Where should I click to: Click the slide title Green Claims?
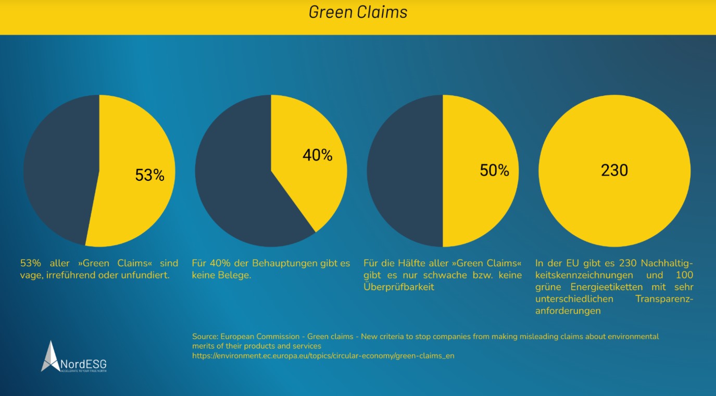(x=358, y=12)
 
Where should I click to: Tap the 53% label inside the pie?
(x=149, y=175)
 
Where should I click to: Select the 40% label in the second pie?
(x=317, y=155)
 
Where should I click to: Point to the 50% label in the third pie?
(x=494, y=170)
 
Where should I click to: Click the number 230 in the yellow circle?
(x=614, y=170)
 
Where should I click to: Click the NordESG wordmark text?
(x=83, y=364)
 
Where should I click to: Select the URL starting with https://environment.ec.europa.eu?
(x=326, y=356)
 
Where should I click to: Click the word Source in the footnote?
(x=204, y=337)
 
